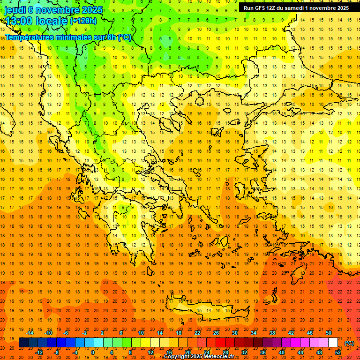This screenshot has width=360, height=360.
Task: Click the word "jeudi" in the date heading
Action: coord(15,9)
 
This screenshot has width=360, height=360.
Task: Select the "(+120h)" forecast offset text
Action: coord(83,21)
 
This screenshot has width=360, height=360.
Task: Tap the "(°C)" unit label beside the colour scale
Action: coord(349,343)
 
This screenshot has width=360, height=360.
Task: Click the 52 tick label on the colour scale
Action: coord(338,352)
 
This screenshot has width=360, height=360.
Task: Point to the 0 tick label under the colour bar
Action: coord(92,352)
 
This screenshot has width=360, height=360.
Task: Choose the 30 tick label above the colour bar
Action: coord(235,333)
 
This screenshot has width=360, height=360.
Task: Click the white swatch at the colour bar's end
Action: coord(333,343)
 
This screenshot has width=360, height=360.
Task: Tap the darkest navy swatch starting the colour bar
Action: coord(23,343)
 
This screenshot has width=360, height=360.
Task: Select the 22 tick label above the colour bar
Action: coord(197,333)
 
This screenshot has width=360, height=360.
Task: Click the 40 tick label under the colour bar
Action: coord(282,352)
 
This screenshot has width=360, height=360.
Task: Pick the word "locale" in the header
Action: coord(52,21)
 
